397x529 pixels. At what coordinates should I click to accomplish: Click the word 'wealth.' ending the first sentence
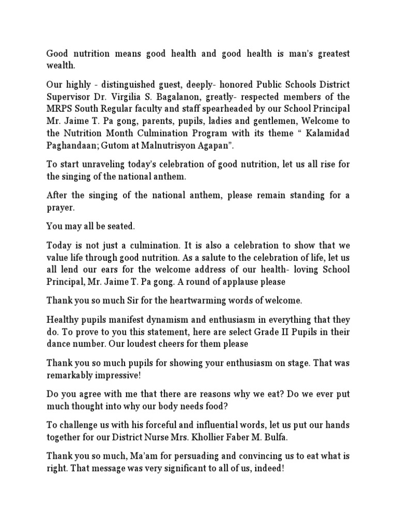61,66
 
